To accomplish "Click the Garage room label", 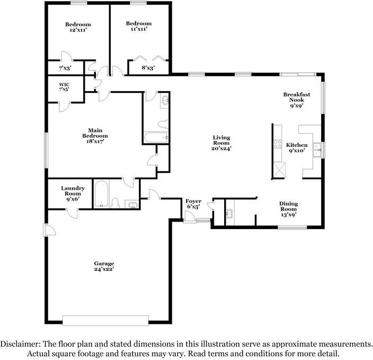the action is click(x=104, y=264).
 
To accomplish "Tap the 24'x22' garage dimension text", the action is click(x=104, y=269).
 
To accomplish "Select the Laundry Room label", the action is click(x=73, y=191).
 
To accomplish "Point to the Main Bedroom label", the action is click(x=95, y=133).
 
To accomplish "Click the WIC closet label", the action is click(x=64, y=84).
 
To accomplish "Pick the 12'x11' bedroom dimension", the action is click(x=78, y=30).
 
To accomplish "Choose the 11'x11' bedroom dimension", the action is click(x=139, y=29).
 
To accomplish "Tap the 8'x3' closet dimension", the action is click(x=148, y=68).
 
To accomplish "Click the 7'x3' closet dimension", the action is click(x=65, y=68).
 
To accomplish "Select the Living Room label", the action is click(x=221, y=141).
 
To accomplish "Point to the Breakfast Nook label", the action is click(x=297, y=97).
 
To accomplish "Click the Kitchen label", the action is click(x=297, y=145).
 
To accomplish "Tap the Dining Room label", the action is click(x=289, y=206).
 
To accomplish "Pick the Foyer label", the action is click(x=193, y=201).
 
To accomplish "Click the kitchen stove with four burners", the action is click(x=278, y=144).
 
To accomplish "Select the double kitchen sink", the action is click(x=317, y=150).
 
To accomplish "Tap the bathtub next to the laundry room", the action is click(x=102, y=194).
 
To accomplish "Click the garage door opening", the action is click(x=105, y=320).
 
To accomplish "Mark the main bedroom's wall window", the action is click(x=46, y=151).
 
